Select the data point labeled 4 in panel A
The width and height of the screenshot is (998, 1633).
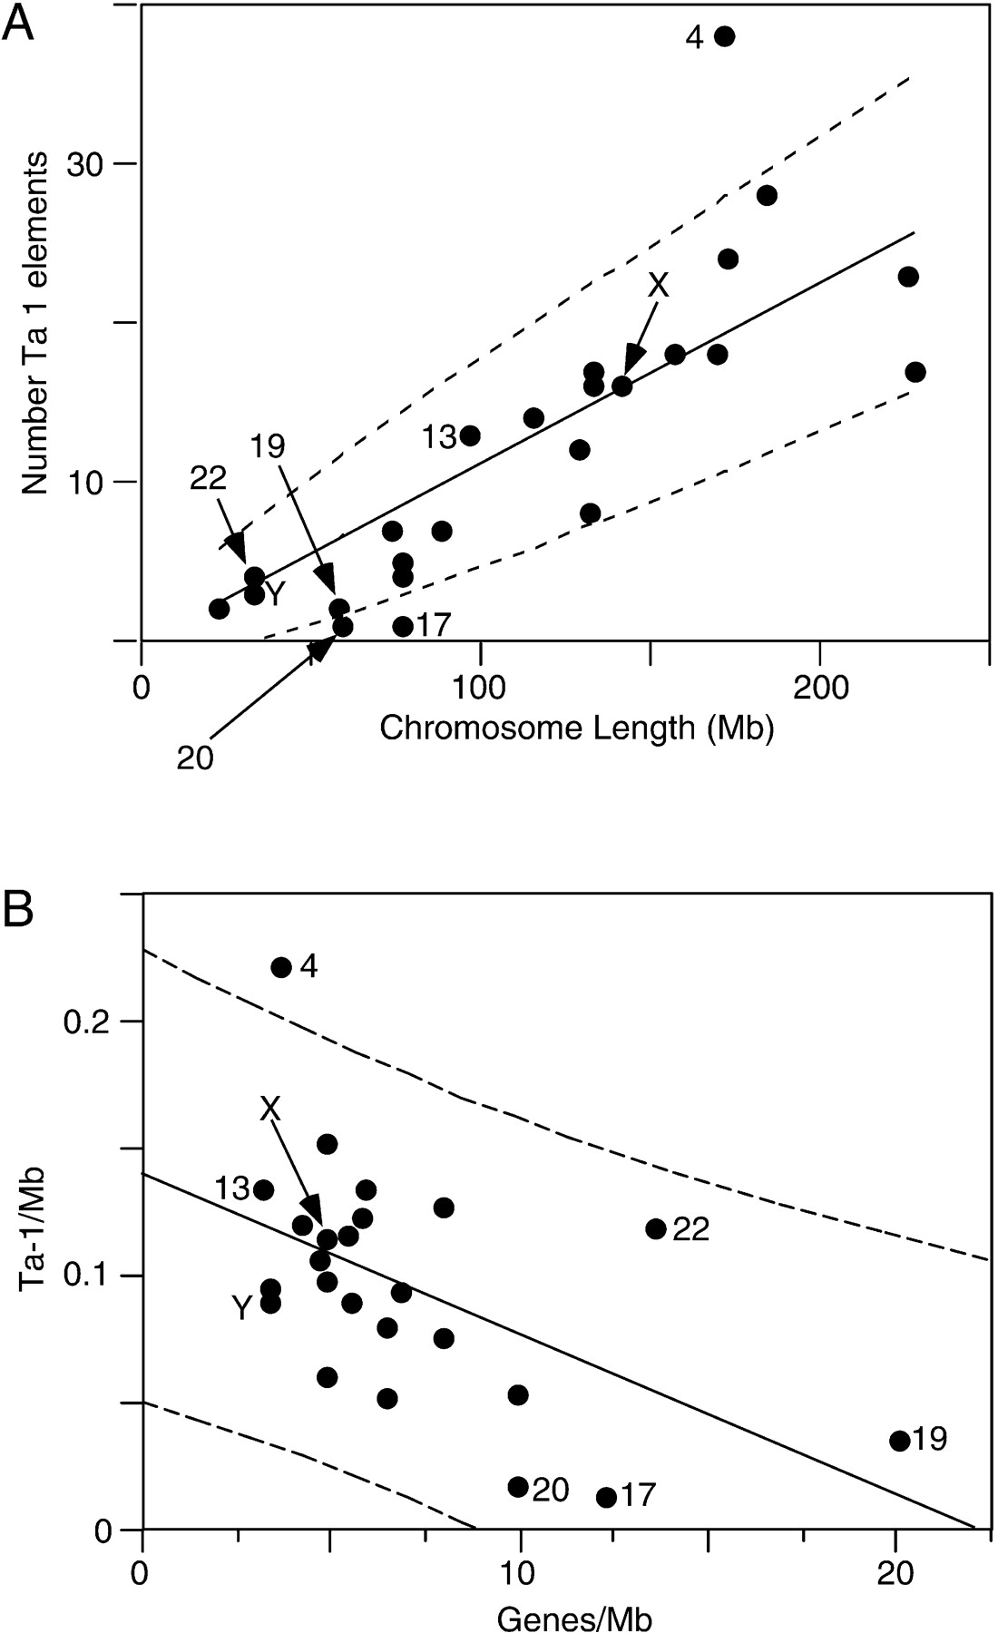tap(724, 36)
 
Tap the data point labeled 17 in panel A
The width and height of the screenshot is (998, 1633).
tap(403, 626)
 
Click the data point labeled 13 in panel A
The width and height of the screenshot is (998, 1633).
tap(469, 435)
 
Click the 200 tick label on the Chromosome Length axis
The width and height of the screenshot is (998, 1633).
tap(819, 687)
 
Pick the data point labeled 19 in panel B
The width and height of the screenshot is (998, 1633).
tap(899, 1441)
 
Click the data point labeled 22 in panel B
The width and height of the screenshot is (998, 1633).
tap(656, 1229)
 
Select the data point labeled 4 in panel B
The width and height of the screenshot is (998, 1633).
tap(281, 967)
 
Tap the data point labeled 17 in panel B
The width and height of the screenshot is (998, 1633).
tap(607, 1497)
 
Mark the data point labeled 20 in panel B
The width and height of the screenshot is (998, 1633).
tap(518, 1487)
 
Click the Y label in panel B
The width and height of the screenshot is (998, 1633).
tap(240, 1307)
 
